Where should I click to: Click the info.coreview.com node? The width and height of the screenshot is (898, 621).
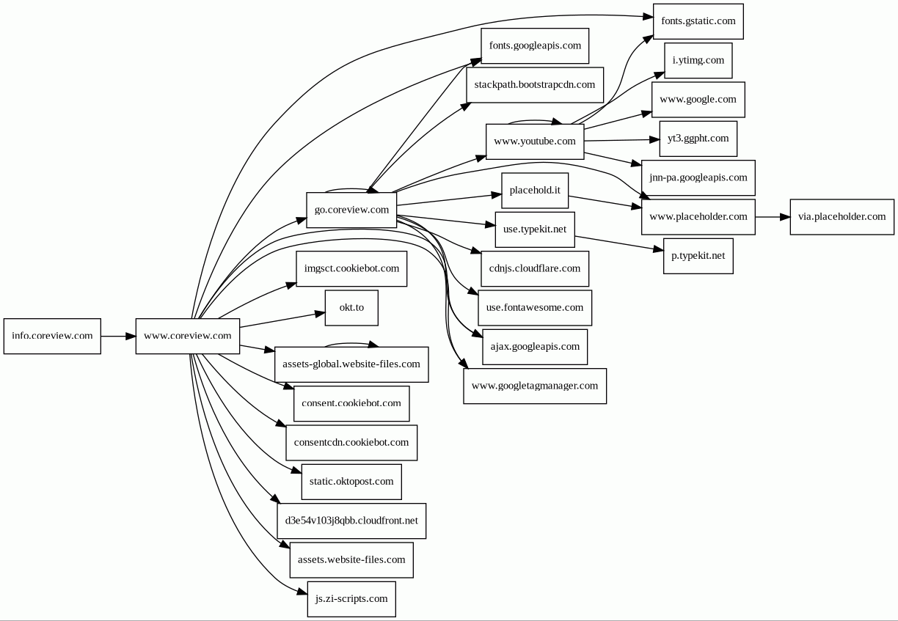[52, 336]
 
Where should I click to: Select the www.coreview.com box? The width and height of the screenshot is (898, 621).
[187, 336]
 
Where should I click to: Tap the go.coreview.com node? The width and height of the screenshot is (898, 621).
[351, 210]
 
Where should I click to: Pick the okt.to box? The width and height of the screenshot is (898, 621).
[351, 307]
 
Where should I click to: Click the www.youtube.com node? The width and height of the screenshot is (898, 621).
[535, 141]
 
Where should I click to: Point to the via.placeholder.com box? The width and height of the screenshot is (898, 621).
[842, 216]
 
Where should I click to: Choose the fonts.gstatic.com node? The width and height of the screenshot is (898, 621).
[698, 21]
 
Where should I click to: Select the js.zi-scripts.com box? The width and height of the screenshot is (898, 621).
[351, 599]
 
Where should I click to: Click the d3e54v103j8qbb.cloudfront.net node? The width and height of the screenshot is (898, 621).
[351, 521]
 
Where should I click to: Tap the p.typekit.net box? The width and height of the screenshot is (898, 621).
[698, 255]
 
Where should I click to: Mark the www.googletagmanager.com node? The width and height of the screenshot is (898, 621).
[535, 386]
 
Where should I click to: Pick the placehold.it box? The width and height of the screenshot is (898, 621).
[535, 190]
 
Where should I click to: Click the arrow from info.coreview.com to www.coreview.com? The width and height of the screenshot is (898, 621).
[118, 336]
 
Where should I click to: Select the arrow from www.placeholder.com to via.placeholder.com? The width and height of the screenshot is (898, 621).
[772, 217]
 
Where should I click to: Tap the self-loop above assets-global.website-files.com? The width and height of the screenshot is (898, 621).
[351, 343]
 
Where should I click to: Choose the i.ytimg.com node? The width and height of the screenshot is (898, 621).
[698, 60]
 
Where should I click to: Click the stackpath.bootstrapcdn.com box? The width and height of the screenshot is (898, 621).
[535, 84]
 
